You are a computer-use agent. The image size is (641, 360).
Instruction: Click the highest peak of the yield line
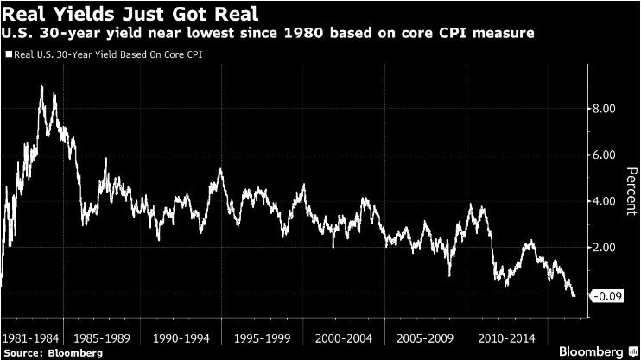(x=41, y=85)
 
